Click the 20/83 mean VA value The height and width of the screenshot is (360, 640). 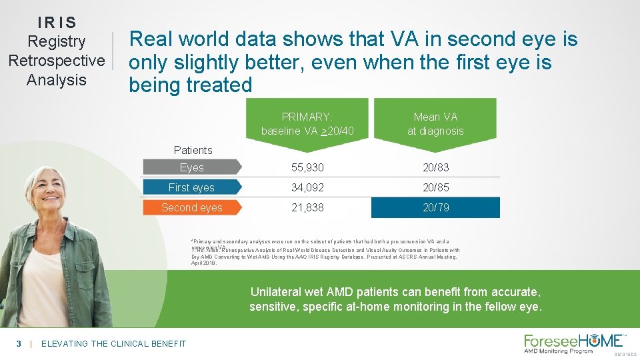(x=435, y=167)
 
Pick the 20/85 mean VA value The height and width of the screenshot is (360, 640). (x=435, y=187)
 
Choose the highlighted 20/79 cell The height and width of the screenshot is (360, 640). (x=435, y=207)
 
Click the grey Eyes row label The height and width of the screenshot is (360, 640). (x=192, y=167)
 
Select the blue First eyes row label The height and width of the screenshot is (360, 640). (x=192, y=187)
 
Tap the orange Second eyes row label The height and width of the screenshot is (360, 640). (x=192, y=207)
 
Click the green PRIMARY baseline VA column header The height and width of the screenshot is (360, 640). (x=306, y=124)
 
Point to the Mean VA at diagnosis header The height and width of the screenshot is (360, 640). (x=435, y=124)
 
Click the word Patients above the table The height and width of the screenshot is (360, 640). (x=193, y=150)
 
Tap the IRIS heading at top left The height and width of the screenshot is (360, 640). (x=57, y=22)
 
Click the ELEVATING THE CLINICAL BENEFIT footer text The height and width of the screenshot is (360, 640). (x=113, y=343)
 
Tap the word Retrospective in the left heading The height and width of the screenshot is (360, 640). (x=57, y=61)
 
